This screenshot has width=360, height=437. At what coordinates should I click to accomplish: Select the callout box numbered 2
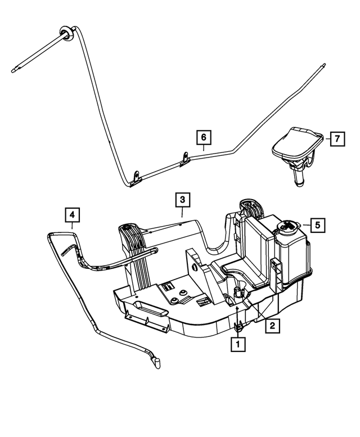point(272,325)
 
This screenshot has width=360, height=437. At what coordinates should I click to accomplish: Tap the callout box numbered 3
point(182,199)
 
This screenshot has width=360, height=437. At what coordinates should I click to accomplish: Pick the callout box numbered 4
point(73,214)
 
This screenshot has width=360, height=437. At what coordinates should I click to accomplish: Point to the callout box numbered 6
point(203,137)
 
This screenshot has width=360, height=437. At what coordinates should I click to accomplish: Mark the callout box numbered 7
point(336,138)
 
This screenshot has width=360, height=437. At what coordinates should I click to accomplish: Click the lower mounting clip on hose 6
point(135,179)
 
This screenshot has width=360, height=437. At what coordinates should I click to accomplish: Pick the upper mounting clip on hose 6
point(185,159)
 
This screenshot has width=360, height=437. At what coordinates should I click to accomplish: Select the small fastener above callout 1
point(238,325)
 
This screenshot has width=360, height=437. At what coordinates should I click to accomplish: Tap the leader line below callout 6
point(203,148)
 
